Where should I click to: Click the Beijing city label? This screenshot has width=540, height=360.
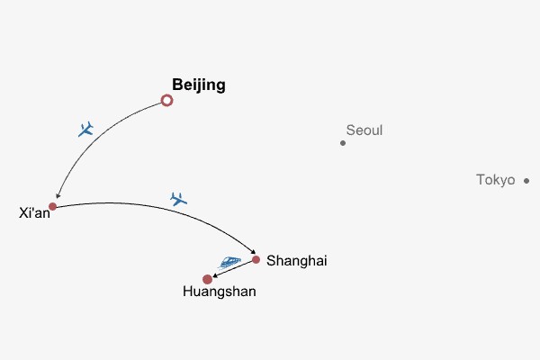198,85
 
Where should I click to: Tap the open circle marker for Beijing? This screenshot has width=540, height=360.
166,101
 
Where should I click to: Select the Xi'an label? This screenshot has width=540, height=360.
34,213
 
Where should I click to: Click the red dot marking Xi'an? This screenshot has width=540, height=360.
52,206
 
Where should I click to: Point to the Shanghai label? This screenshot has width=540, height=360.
296,261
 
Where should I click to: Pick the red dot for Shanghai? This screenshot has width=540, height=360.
256,259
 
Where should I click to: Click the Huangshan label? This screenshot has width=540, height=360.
219,292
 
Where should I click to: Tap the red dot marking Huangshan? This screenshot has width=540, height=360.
208,279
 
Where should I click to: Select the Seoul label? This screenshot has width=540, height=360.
364,130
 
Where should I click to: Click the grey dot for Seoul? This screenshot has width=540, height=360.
343,142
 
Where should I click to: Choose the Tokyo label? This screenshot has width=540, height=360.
495,180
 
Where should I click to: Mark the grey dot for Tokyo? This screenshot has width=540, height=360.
526,181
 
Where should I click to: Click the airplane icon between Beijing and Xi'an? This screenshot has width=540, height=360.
86,130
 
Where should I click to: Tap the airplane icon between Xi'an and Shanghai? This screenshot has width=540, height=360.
178,199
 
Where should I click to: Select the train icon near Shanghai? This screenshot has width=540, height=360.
230,262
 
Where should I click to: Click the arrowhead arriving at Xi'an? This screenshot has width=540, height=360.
58,196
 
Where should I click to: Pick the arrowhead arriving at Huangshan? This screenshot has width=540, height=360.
216,275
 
